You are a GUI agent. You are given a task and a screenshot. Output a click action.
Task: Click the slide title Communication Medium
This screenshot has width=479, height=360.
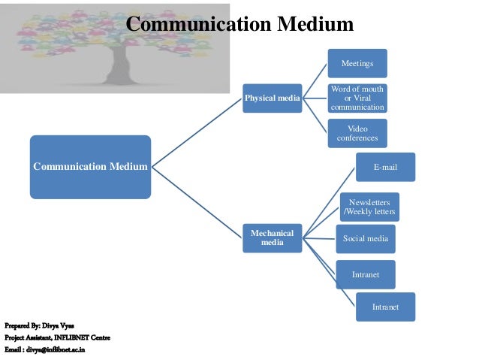tap(239, 25)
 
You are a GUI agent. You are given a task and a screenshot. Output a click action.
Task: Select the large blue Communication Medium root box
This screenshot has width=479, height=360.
tap(90, 166)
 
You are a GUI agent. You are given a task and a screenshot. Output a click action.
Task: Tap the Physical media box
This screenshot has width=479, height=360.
tap(271, 98)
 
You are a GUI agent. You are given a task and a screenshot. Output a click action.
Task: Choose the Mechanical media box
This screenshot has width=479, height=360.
tap(271, 237)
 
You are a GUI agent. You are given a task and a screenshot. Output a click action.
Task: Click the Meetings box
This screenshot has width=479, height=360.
tap(357, 63)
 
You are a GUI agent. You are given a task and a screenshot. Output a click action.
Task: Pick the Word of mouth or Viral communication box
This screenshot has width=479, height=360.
tap(357, 98)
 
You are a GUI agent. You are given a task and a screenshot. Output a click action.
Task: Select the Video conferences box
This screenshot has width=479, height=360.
tap(357, 133)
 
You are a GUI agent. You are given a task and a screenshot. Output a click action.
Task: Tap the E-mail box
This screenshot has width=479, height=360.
tap(385, 167)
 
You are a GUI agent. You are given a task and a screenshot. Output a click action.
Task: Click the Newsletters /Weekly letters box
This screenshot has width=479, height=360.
tap(369, 206)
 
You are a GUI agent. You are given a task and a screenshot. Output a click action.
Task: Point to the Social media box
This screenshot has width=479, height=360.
tap(365, 238)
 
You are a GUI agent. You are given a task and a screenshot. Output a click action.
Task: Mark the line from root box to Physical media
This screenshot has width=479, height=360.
tap(197, 132)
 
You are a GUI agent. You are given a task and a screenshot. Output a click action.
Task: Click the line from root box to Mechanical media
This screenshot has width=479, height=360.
tap(197, 200)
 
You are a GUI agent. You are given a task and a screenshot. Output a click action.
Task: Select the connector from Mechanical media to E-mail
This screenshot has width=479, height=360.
tap(328, 202)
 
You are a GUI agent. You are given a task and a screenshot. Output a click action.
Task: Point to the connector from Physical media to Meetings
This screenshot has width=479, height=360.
tap(314, 81)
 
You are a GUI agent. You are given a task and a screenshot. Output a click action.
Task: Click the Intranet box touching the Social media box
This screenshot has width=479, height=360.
tap(366, 274)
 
